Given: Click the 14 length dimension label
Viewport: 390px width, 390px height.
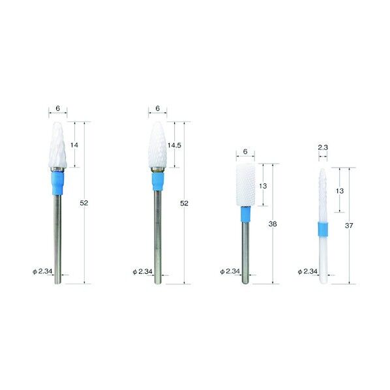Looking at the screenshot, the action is tap(74, 145).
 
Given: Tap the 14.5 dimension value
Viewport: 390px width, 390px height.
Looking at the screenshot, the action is tap(174, 145).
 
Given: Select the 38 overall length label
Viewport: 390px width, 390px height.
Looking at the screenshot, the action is tap(273, 224).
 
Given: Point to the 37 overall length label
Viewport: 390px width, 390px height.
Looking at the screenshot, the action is tap(349, 226).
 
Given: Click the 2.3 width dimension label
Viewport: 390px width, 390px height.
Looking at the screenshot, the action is tap(323, 147).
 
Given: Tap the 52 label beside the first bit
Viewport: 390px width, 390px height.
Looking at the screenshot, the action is tap(84, 203).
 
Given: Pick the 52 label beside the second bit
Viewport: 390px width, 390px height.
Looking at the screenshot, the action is tap(184, 203).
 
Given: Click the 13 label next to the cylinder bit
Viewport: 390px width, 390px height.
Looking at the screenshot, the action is tap(263, 186).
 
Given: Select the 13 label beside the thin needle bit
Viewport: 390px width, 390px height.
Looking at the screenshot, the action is tap(340, 191).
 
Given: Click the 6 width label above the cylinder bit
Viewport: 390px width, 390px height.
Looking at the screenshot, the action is tap(245, 151).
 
